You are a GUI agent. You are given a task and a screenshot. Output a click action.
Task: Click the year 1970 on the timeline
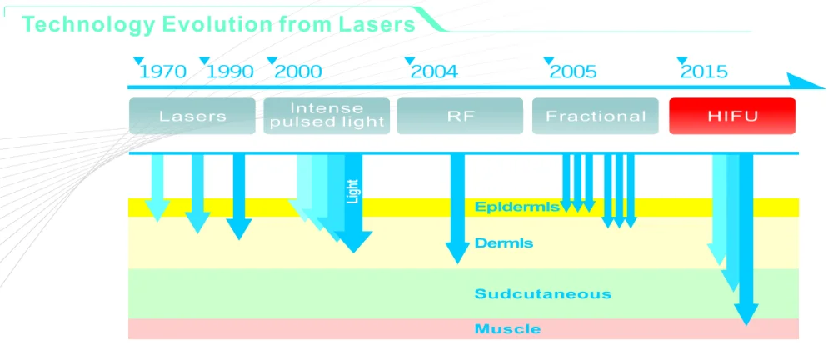[162, 72]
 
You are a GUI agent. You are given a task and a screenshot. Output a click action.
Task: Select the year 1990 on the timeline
[230, 72]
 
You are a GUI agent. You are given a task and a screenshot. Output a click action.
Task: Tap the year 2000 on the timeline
[297, 72]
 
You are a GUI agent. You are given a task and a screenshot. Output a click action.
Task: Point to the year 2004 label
[434, 72]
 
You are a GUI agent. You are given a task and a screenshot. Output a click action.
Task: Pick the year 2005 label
[573, 72]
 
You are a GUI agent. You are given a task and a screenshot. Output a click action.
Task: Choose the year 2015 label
[704, 72]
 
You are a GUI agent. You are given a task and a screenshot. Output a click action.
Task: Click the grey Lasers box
[192, 116]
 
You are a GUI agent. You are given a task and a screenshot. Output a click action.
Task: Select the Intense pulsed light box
[327, 116]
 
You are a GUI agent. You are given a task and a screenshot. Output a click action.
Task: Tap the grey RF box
[460, 116]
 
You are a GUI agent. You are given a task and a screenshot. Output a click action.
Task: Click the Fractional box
[596, 116]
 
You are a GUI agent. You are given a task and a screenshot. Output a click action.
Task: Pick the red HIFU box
[732, 116]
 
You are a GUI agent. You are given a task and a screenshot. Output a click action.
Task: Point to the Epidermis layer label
[517, 207]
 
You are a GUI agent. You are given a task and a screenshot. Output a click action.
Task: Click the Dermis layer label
[504, 243]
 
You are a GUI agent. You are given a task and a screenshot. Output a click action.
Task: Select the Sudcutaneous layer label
[543, 294]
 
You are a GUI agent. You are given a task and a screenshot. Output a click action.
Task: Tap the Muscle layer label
[507, 329]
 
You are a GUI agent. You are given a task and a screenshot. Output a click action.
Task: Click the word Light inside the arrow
[352, 192]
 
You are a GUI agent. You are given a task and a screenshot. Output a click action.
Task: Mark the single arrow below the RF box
[457, 208]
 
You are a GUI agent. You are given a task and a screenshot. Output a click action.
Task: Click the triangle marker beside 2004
[409, 61]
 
